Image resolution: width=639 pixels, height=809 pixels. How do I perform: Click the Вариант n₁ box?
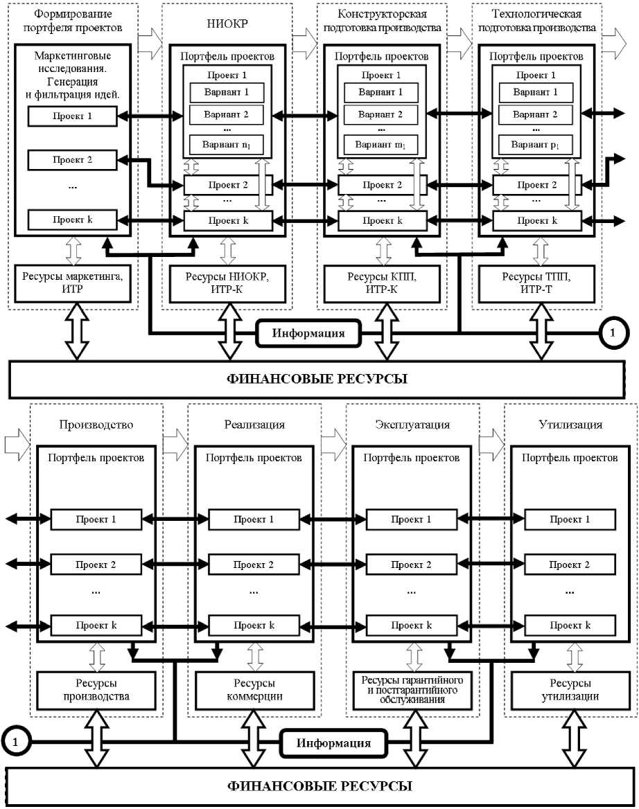coord(226,144)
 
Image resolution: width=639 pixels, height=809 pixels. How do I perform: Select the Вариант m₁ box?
coord(380,144)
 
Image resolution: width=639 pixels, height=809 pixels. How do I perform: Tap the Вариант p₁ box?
coord(536,144)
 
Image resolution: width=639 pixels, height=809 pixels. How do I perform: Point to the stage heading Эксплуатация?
coord(412,425)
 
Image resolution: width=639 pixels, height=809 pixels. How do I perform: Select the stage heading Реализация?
coord(254,425)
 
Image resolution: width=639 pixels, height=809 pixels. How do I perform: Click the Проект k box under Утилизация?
coord(570,625)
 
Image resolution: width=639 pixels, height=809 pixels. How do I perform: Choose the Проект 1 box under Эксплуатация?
coord(412,519)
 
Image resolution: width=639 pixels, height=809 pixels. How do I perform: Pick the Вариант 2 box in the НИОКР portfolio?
coord(226,114)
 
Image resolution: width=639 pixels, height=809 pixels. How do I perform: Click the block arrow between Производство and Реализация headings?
coord(175,438)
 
